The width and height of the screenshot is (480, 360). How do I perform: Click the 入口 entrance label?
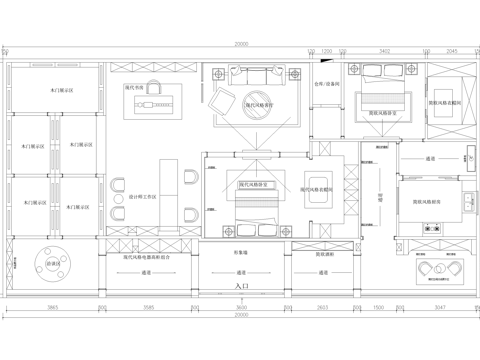pyautogui.click(x=240, y=285)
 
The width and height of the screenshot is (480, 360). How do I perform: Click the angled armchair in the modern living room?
pyautogui.click(x=220, y=100)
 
